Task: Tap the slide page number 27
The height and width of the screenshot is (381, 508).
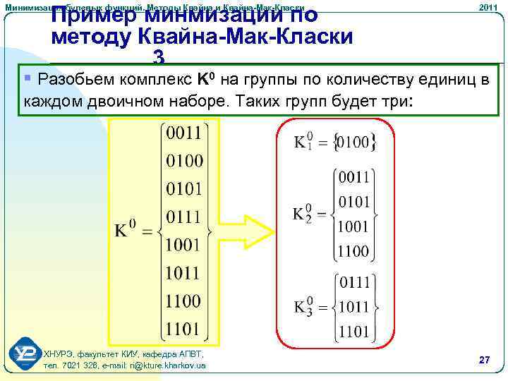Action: [484, 360]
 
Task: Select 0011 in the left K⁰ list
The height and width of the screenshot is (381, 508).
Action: [183, 133]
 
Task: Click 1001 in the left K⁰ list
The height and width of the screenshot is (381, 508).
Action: [183, 245]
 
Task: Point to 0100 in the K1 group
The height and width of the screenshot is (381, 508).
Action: [353, 143]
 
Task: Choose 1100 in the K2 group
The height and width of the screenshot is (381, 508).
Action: [353, 250]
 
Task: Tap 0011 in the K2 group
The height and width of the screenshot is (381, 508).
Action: [353, 176]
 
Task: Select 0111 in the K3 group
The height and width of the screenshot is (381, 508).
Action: [355, 282]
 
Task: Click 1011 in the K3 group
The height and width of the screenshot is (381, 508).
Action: [353, 307]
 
